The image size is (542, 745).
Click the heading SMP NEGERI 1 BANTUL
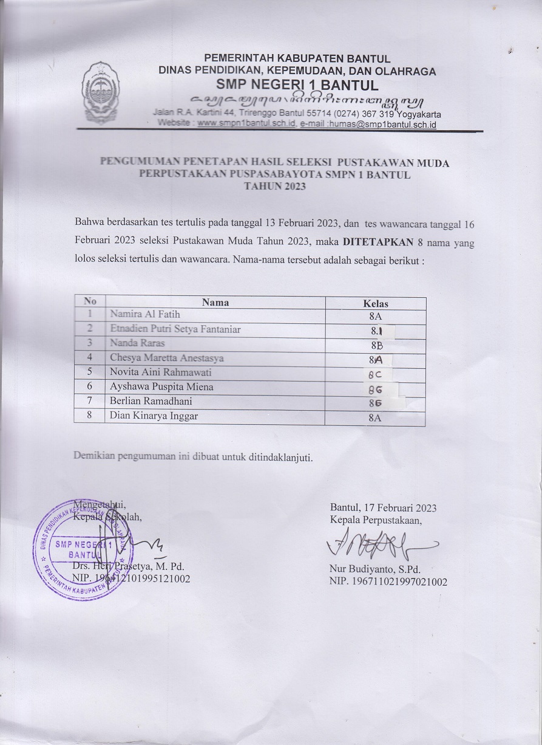[x=297, y=84]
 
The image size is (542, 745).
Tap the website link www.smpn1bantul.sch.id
[x=246, y=123]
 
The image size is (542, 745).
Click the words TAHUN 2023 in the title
[x=274, y=187]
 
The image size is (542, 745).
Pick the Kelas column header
[x=375, y=303]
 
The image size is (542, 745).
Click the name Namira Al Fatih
[x=145, y=315]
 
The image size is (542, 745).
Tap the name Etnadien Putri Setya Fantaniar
[x=175, y=329]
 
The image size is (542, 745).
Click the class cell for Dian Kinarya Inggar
[x=375, y=417]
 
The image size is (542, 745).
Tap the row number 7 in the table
[x=89, y=401]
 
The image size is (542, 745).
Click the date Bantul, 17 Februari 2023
[x=383, y=508]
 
